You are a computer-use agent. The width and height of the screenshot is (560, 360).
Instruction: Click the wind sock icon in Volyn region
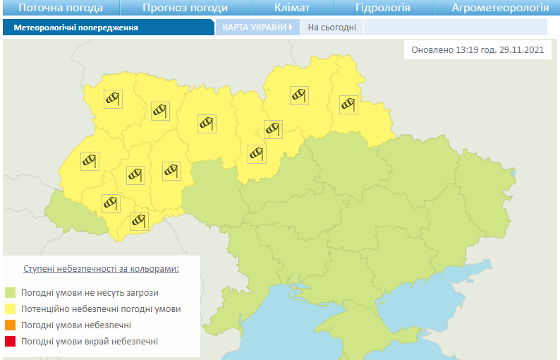coord(113,99)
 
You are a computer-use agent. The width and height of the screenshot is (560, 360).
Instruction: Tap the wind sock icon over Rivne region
coord(160,111)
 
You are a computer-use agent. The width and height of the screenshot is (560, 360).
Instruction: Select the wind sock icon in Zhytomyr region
coord(206,123)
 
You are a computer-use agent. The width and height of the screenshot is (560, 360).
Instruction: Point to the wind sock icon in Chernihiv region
coord(299,95)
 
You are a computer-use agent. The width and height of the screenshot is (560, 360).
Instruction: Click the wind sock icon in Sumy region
coord(348,104)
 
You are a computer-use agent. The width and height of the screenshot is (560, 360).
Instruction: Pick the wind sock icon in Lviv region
coord(90,161)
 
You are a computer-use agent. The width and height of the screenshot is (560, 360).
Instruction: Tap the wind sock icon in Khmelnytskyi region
coord(171,170)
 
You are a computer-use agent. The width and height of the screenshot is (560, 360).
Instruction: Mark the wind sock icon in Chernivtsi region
coord(139,220)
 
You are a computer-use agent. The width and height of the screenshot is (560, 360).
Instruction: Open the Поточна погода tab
coord(61,8)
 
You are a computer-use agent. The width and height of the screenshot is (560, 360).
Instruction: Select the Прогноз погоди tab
coord(185,8)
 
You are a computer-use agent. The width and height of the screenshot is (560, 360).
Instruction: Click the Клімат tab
coord(291,8)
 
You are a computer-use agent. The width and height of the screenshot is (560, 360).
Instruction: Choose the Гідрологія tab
coord(383,8)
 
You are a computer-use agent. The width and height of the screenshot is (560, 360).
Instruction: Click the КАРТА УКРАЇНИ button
coord(257,28)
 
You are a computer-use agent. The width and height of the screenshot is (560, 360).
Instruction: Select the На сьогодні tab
coord(331,28)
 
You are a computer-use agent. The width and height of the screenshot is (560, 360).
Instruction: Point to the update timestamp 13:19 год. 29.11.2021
coord(477,51)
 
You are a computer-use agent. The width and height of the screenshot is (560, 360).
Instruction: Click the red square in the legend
coord(11,342)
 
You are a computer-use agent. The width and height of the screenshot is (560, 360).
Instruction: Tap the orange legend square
coord(11,325)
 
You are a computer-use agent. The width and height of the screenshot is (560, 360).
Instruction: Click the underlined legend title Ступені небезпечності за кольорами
coord(101,269)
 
